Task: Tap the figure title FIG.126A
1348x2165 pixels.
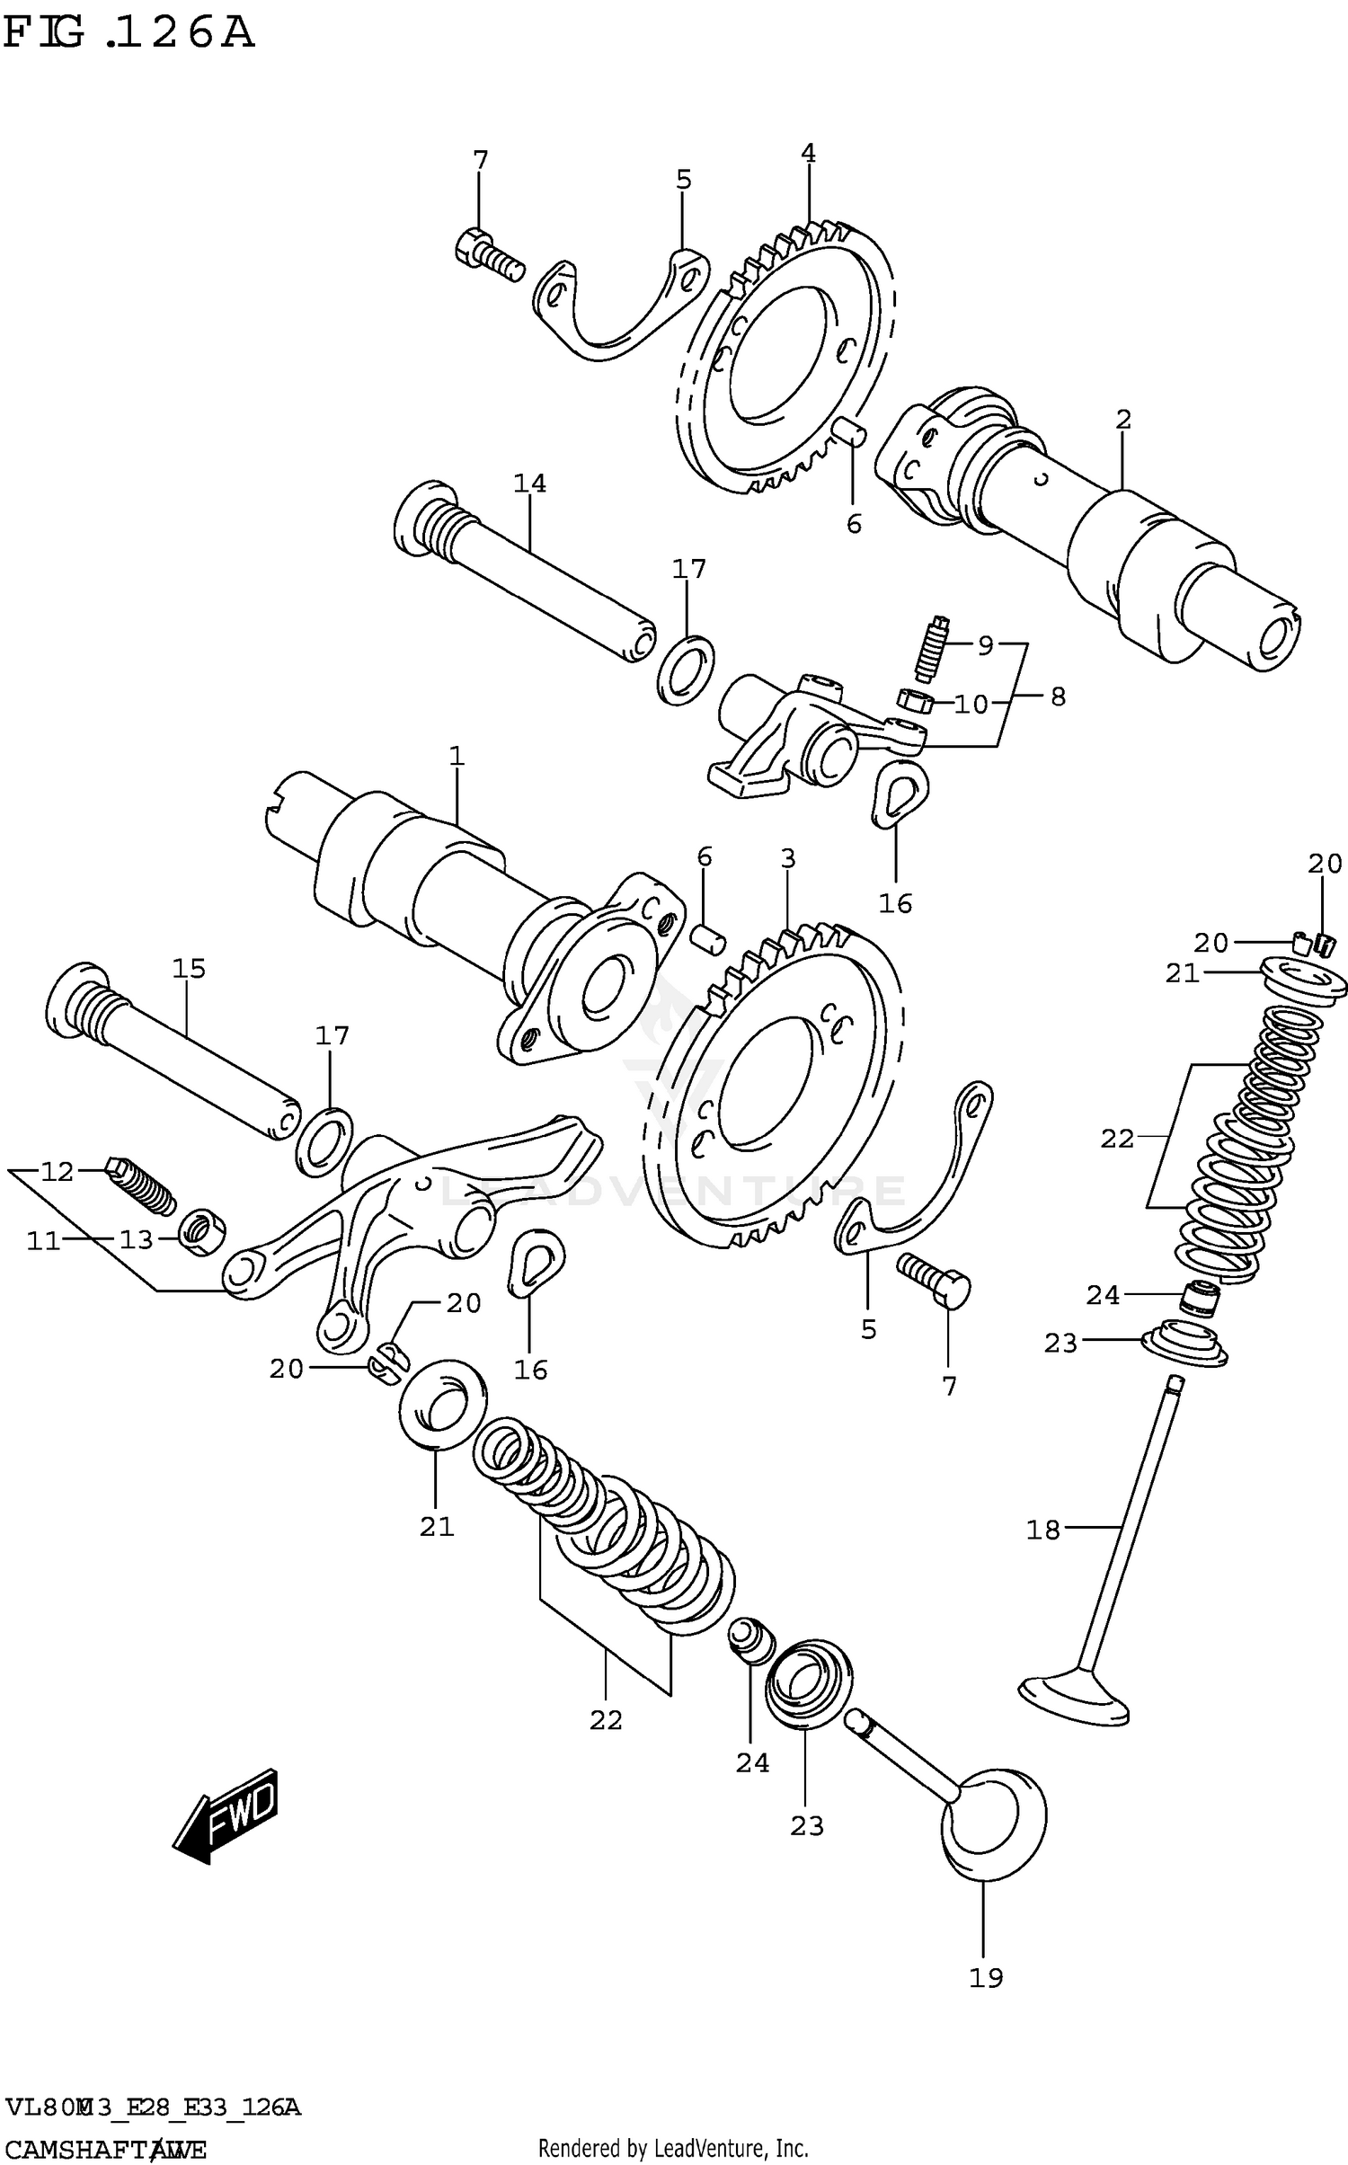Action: pos(128,33)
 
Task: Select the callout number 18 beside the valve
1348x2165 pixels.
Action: pos(1043,1531)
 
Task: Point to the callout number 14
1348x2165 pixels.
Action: pos(529,484)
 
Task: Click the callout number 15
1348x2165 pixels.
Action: pos(190,969)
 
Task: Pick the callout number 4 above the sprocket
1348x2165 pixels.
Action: pos(808,154)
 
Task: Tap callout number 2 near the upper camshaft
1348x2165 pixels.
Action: pos(1122,420)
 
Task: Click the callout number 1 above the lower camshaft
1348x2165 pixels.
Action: pos(457,756)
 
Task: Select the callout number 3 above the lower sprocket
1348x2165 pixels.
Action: pos(788,858)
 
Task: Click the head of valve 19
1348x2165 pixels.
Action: pos(994,1824)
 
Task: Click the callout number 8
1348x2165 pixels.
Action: pos(1058,697)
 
